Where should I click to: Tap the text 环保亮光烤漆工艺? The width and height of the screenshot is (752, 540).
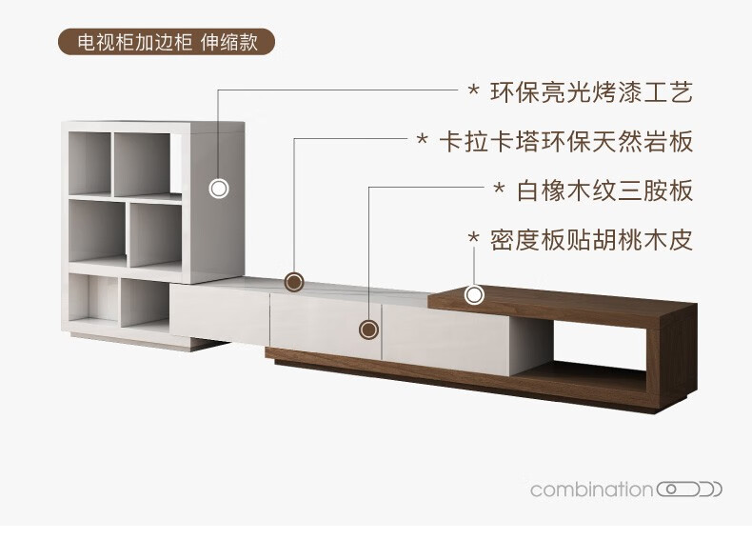click(x=591, y=92)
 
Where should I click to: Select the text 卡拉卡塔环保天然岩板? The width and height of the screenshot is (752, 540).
click(x=565, y=142)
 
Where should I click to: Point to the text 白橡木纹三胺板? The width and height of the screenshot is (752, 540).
click(x=604, y=190)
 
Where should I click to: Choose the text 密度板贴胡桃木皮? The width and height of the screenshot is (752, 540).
click(x=591, y=239)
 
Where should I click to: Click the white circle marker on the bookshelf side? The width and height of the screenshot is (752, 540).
click(x=219, y=188)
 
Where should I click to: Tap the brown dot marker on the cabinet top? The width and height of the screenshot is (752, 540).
click(x=295, y=282)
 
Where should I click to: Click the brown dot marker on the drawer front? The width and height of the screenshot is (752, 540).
click(x=368, y=330)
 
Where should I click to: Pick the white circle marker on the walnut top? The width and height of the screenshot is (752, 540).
click(x=473, y=294)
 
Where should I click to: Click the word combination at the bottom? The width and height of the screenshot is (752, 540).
click(x=591, y=490)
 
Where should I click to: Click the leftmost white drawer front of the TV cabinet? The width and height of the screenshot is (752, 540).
click(x=219, y=315)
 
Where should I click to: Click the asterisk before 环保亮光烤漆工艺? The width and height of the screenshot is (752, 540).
click(x=473, y=93)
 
